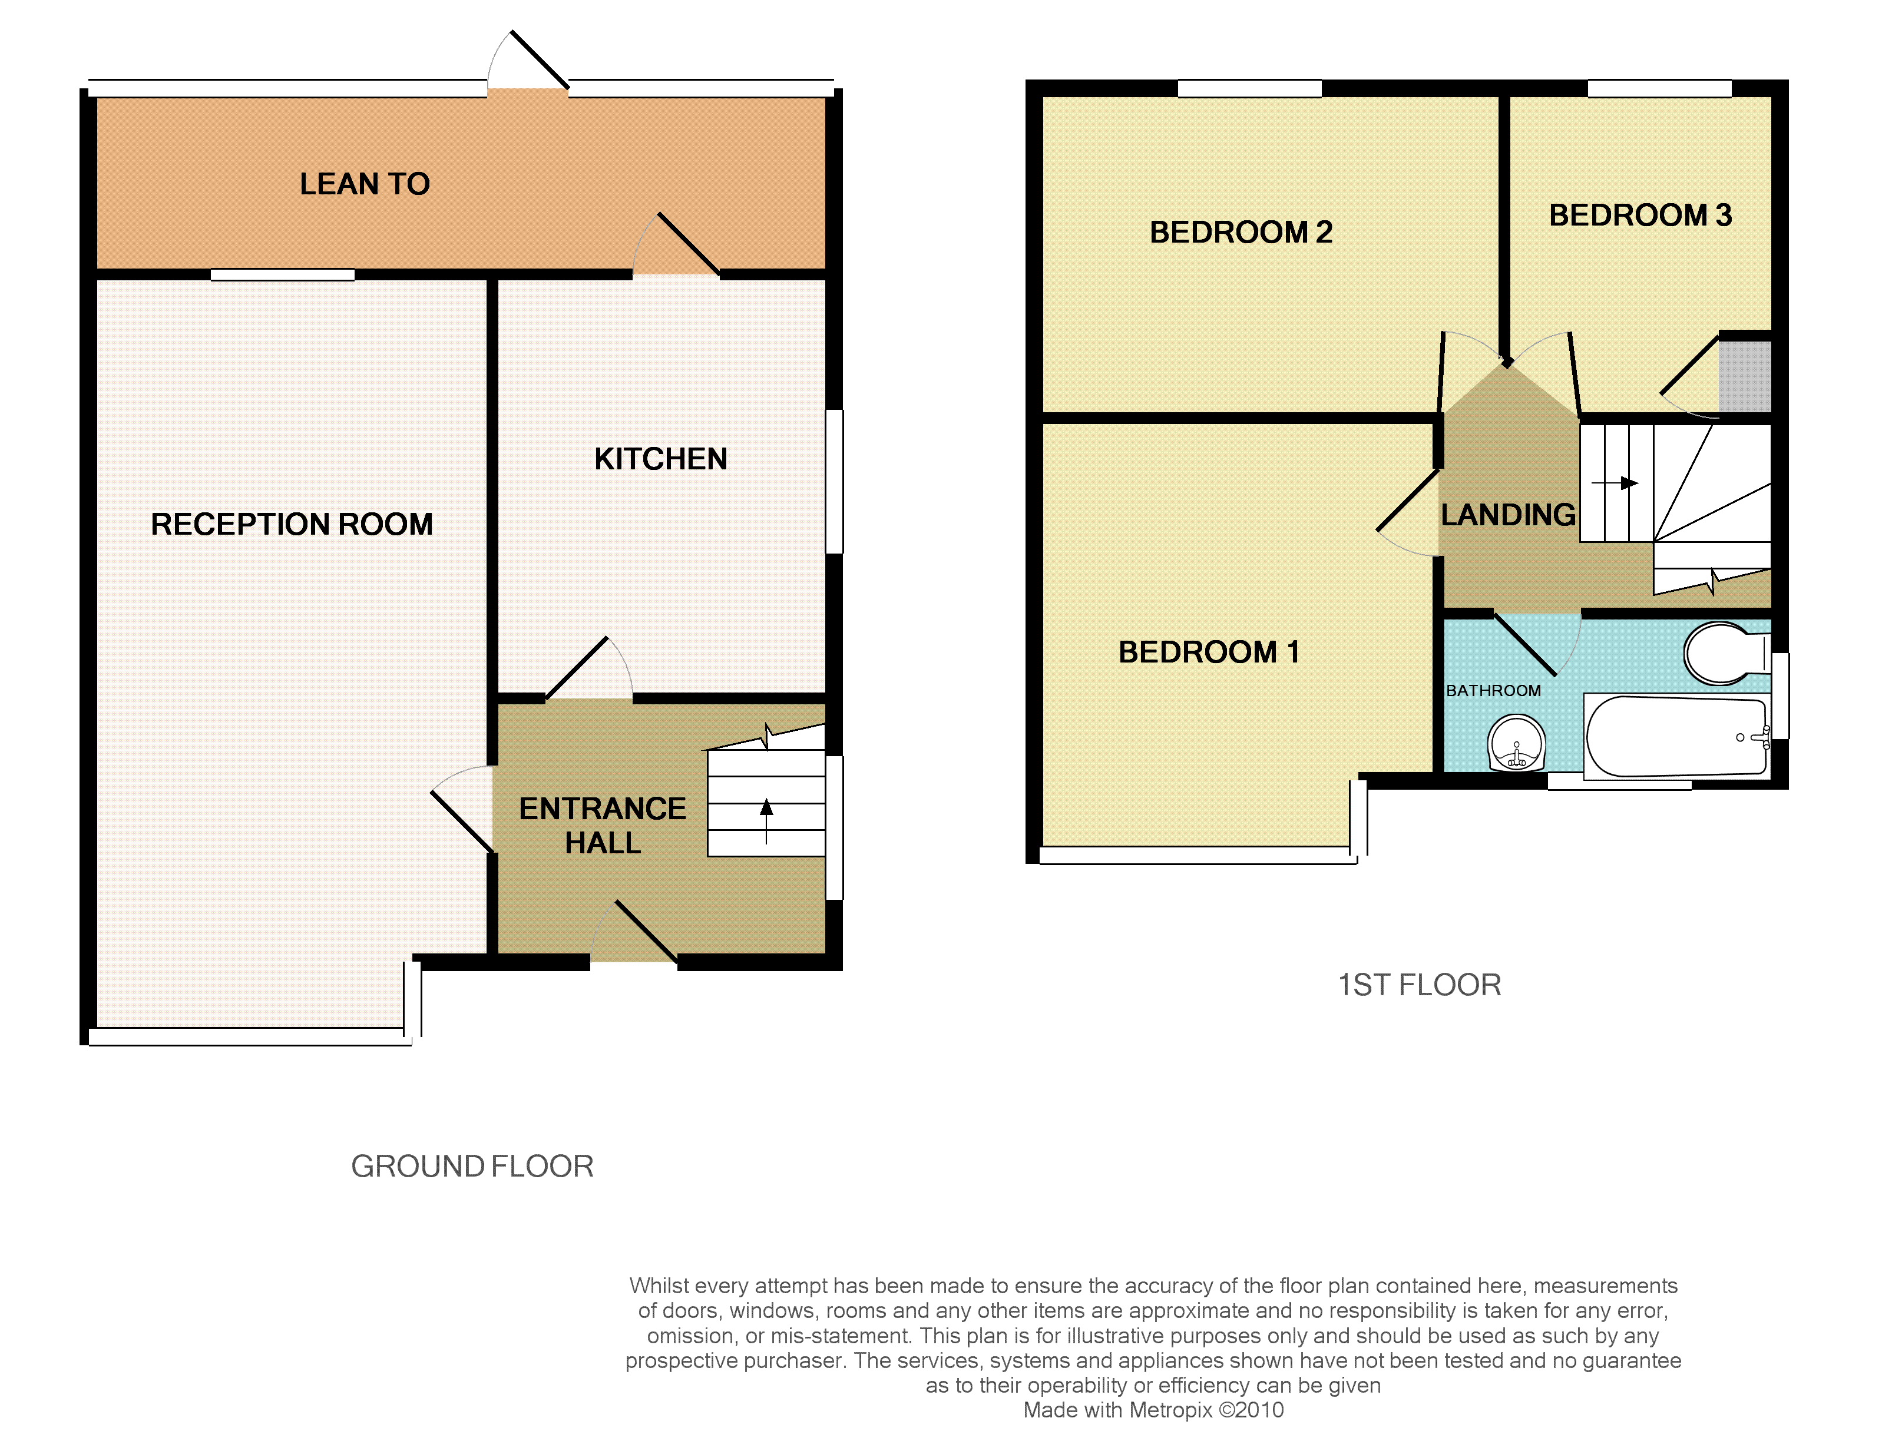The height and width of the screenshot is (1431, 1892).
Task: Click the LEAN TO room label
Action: (365, 184)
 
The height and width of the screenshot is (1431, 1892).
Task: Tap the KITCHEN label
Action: (660, 459)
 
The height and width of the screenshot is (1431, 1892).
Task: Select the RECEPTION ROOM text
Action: (292, 524)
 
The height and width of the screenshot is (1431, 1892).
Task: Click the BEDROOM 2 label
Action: (1241, 232)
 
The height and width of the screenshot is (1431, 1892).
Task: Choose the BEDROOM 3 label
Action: (1640, 215)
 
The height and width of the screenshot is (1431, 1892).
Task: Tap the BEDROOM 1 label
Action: (1209, 652)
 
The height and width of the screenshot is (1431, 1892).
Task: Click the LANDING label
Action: (1508, 515)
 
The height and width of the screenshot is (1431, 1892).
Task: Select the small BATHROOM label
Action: (1493, 690)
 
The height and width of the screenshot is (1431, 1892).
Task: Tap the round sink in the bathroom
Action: (1517, 743)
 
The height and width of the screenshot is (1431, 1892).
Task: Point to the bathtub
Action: (1676, 736)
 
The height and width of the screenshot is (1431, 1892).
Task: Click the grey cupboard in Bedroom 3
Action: (1745, 376)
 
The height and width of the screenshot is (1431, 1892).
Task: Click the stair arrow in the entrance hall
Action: (766, 821)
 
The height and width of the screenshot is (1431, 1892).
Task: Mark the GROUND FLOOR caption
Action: (472, 1166)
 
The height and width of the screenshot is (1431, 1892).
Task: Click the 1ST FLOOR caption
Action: (1419, 985)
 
